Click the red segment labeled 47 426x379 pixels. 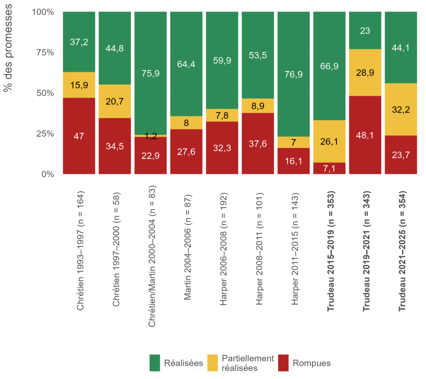79,136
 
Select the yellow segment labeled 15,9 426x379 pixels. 79,85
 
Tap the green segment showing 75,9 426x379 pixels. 151,73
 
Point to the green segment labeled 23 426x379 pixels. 365,30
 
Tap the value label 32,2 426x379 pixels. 401,110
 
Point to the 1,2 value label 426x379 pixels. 151,136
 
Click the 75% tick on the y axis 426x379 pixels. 43,52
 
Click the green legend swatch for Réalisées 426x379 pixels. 157,363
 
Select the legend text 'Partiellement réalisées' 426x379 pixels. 248,363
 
